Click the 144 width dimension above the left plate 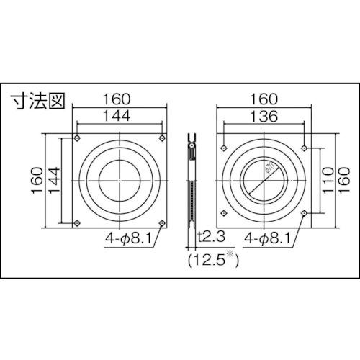point(120,114)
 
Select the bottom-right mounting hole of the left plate point(162,223)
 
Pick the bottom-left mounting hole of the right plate point(222,214)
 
